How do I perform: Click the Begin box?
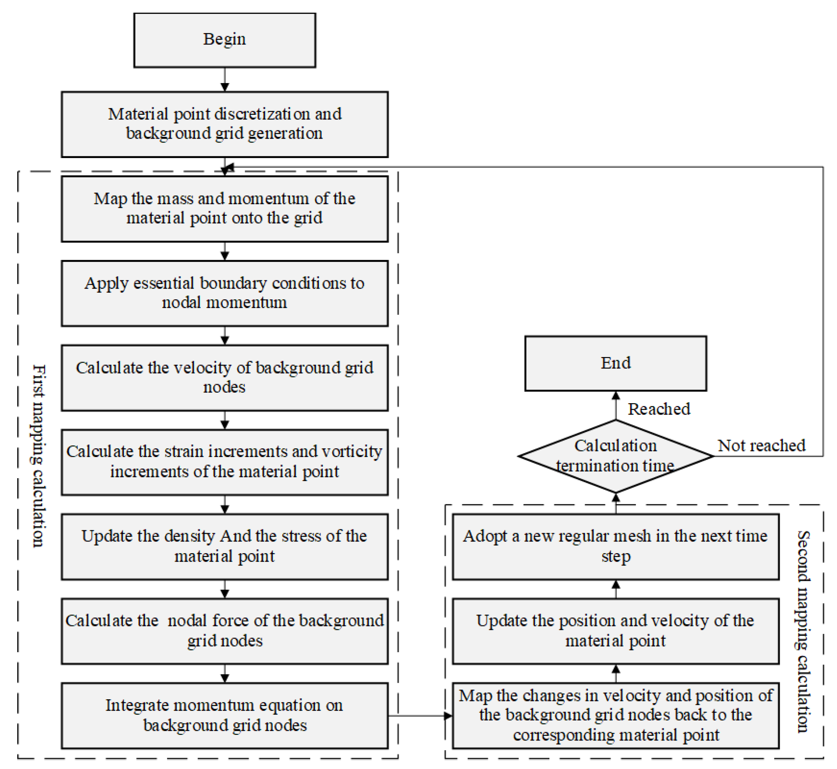click(x=225, y=40)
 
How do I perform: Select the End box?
click(x=616, y=363)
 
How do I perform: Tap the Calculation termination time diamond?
click(x=616, y=456)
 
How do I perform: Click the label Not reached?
click(x=761, y=445)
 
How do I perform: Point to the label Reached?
click(x=659, y=409)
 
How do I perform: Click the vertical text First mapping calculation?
click(x=39, y=456)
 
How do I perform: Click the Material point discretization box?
click(x=225, y=124)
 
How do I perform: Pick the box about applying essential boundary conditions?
click(x=225, y=293)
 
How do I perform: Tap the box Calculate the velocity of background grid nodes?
click(x=225, y=377)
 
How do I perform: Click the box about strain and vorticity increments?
click(x=225, y=462)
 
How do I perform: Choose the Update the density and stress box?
click(x=225, y=546)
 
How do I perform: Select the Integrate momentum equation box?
click(x=225, y=715)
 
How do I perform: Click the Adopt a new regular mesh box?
click(x=616, y=546)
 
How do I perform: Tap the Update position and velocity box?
click(x=616, y=631)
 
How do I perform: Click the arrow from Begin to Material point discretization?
click(x=225, y=80)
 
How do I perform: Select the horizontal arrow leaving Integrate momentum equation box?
click(x=420, y=716)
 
